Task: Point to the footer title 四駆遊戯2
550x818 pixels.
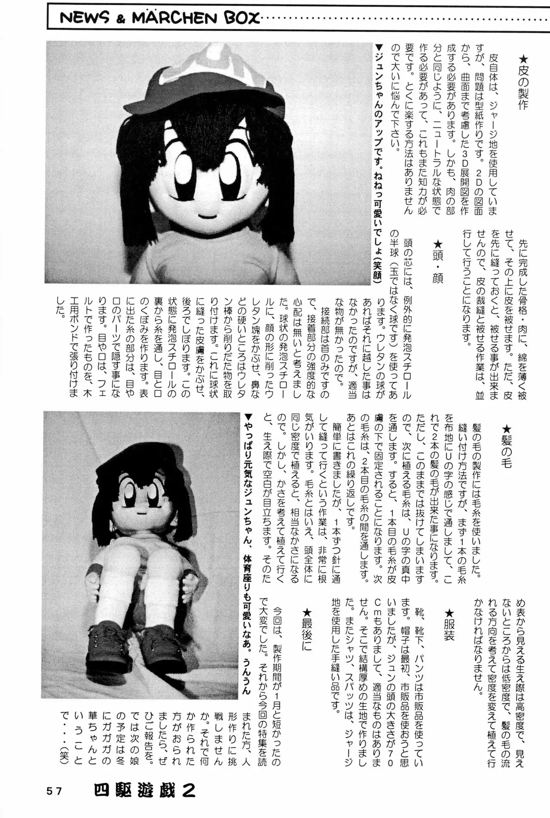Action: (x=145, y=790)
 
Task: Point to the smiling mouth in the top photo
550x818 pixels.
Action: (x=207, y=214)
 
